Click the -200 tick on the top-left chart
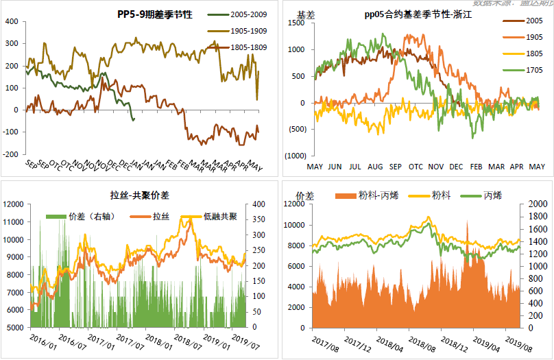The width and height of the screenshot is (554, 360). tap(11, 154)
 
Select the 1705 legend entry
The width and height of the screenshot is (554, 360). tap(527, 71)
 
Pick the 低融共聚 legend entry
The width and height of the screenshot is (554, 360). tap(217, 217)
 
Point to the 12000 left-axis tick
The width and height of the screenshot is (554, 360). tap(15, 204)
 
